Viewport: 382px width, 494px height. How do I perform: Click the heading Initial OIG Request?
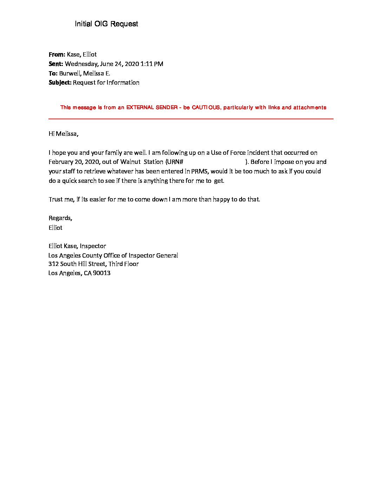106,24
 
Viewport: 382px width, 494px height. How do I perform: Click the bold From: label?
57,54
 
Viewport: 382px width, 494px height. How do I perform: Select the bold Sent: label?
56,64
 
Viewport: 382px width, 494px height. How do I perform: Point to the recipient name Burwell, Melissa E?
85,73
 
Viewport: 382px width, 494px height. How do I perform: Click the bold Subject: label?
60,83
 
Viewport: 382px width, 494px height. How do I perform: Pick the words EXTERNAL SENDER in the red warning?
152,107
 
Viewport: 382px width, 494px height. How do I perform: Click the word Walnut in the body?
131,162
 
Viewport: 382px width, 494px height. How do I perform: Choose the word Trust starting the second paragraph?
56,199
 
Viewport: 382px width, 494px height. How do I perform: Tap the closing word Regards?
60,218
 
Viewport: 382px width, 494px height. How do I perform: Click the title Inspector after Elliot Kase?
93,246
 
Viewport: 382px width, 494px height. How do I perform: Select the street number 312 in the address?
53,264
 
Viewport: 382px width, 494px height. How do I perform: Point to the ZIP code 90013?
102,273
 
